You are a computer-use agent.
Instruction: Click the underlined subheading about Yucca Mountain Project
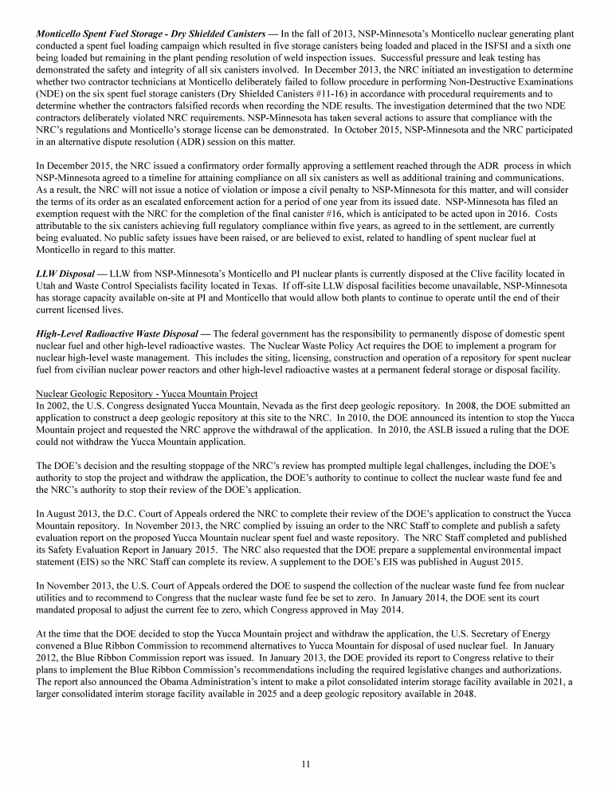tap(147, 393)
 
